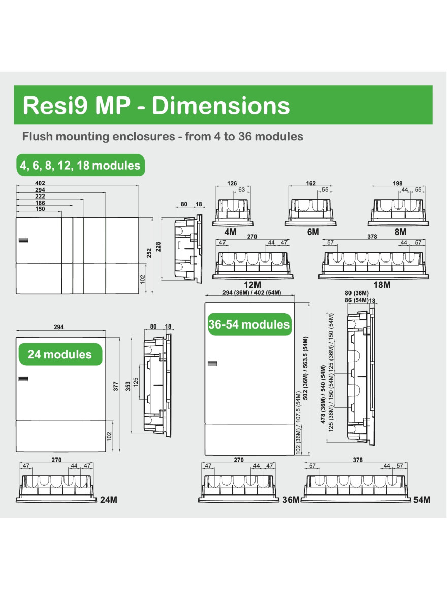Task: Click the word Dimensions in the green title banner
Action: tap(220, 106)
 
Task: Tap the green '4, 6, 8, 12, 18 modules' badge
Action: tap(80, 165)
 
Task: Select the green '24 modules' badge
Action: tap(60, 354)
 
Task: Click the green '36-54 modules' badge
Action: tap(249, 324)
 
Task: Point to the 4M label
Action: tap(230, 232)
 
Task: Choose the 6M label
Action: tap(313, 232)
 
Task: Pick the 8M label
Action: tap(400, 232)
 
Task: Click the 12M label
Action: tap(252, 285)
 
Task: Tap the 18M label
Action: tap(382, 285)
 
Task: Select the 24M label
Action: tap(109, 500)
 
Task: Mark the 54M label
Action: tap(422, 500)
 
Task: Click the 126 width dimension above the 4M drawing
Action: tap(232, 183)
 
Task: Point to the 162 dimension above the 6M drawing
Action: tap(311, 183)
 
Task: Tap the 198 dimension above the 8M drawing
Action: tap(398, 183)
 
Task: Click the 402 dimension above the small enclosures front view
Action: tap(40, 183)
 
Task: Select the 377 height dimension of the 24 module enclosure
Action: tap(116, 386)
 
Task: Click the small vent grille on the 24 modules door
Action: tap(23, 379)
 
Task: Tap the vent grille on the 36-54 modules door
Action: tap(212, 363)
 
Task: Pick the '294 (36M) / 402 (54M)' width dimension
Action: tap(251, 292)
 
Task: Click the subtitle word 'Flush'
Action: tap(38, 136)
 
